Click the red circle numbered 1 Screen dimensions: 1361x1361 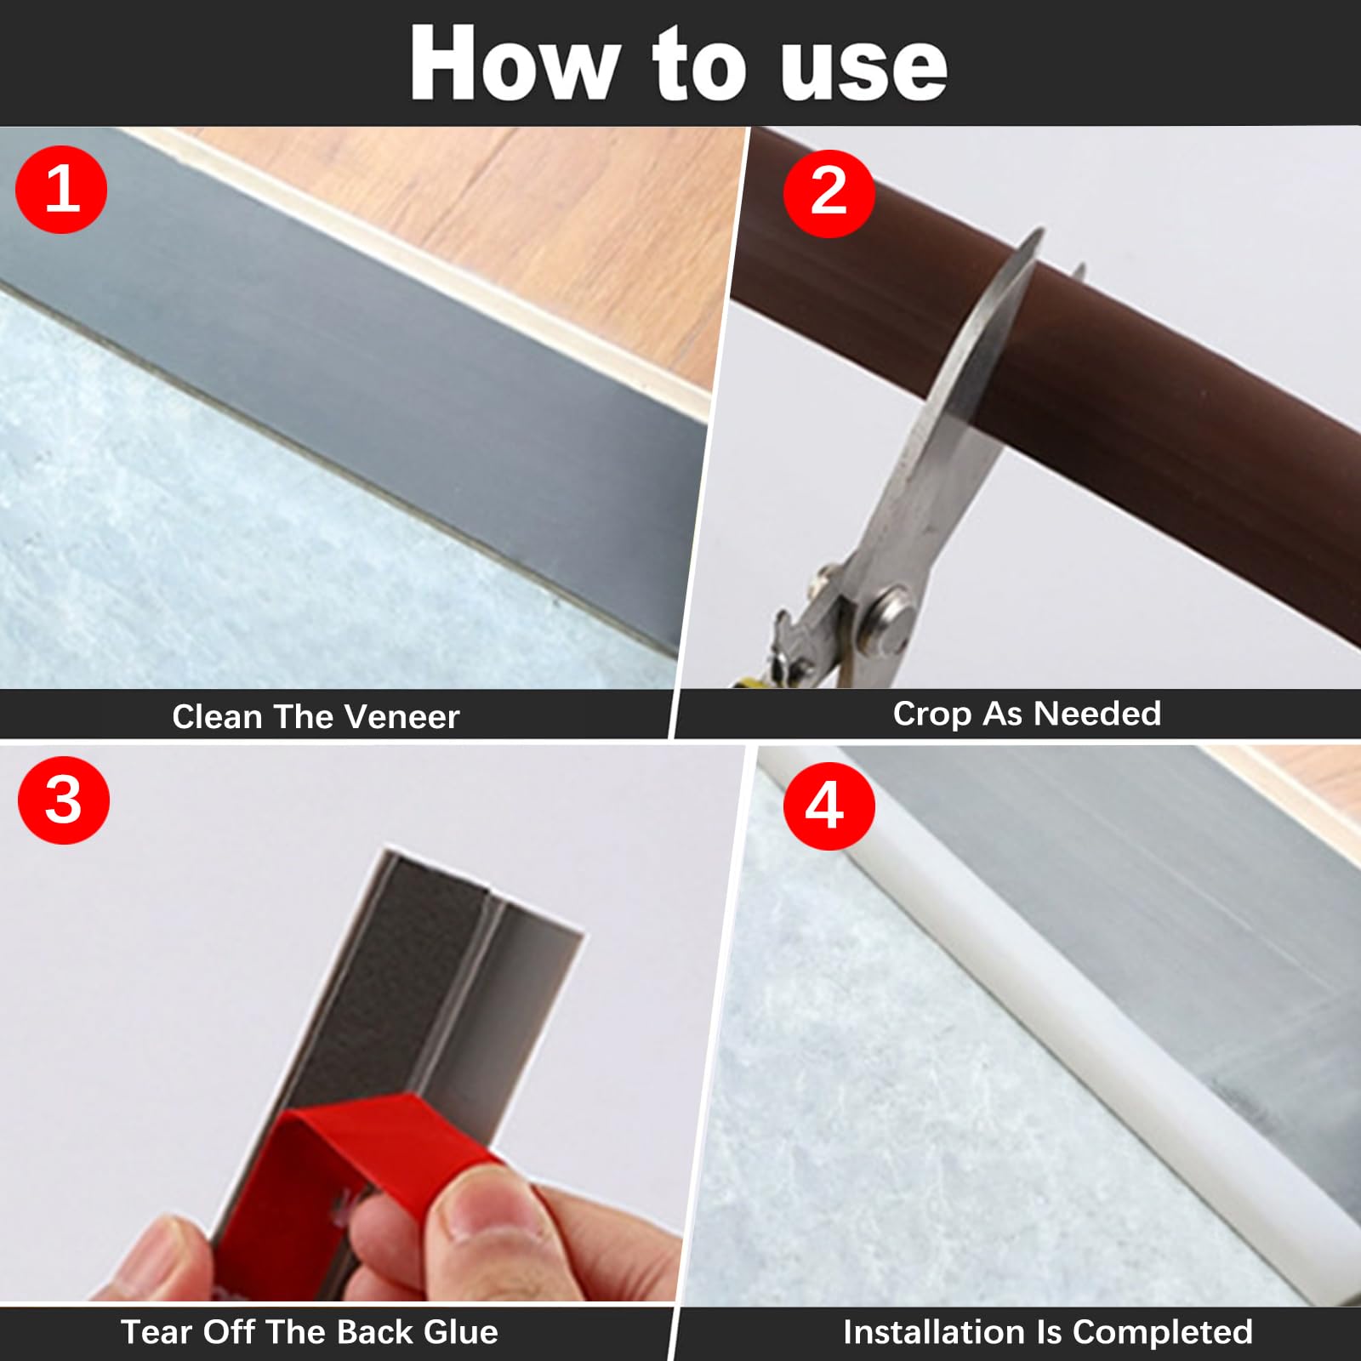click(x=61, y=189)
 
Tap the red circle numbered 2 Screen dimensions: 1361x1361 click(x=829, y=192)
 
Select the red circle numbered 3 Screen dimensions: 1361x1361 click(x=64, y=800)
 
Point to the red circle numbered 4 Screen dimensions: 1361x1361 click(x=828, y=805)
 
